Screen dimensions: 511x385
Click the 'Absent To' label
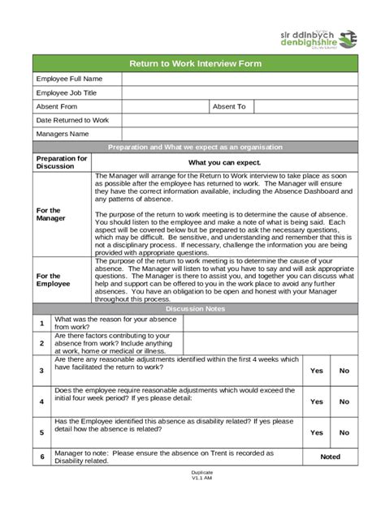coord(229,106)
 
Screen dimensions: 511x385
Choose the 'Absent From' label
coord(57,106)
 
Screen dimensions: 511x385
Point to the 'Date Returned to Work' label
coord(72,120)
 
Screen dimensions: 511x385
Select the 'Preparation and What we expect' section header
coord(196,147)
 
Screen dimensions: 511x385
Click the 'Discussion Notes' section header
coord(196,309)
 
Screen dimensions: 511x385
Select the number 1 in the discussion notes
coord(41,323)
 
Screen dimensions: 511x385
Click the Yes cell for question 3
coord(317,370)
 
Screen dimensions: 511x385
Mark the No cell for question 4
coord(344,401)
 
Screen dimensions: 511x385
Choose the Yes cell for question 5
coord(317,432)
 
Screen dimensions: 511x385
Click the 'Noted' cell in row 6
coord(331,457)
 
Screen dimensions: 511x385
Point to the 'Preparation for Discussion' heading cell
coord(62,162)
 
